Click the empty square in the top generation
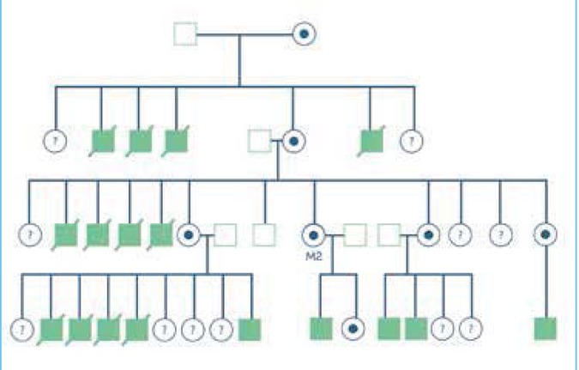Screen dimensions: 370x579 [x=185, y=34]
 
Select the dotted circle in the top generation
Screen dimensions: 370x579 [x=305, y=34]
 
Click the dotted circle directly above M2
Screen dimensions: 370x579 [x=313, y=233]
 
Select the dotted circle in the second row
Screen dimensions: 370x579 [x=293, y=138]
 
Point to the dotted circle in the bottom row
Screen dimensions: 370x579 [x=352, y=328]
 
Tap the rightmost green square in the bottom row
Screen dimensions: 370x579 [x=546, y=328]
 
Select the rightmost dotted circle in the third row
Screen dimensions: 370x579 [x=544, y=233]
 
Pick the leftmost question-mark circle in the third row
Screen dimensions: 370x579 [x=31, y=233]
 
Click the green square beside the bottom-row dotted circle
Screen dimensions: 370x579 [x=320, y=328]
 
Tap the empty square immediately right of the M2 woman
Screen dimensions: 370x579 [x=353, y=233]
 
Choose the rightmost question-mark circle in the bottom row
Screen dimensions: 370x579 [x=469, y=328]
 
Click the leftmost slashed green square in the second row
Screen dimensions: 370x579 [x=103, y=138]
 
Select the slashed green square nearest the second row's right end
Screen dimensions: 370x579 [x=371, y=138]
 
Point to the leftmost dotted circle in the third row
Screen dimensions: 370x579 [x=189, y=233]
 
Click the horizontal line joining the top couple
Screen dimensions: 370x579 [x=244, y=34]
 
